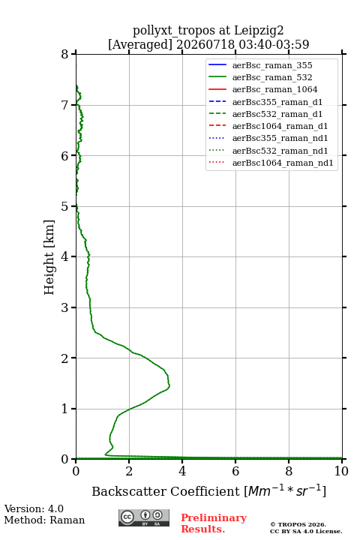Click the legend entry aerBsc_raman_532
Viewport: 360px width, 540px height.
pos(272,77)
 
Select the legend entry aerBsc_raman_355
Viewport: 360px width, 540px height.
pos(272,65)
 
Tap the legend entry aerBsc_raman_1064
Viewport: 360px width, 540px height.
pos(275,89)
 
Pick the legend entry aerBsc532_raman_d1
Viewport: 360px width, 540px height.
pos(277,114)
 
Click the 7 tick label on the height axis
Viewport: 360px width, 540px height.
pos(64,105)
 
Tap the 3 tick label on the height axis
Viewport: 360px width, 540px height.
pos(64,307)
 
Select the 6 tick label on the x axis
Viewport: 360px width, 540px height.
pos(235,471)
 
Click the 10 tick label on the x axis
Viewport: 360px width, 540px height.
pos(341,471)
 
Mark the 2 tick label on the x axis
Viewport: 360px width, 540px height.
pos(129,471)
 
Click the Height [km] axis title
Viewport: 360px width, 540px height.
pos(49,257)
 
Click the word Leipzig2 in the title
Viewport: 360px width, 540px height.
pos(259,31)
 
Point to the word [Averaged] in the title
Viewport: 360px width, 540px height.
pos(140,44)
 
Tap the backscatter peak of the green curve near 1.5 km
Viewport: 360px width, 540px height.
pos(169,385)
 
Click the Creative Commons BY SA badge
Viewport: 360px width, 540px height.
pos(144,517)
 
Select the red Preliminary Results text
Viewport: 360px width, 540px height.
pos(214,523)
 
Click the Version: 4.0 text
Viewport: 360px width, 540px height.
pos(34,509)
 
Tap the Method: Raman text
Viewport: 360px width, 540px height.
pos(44,520)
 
